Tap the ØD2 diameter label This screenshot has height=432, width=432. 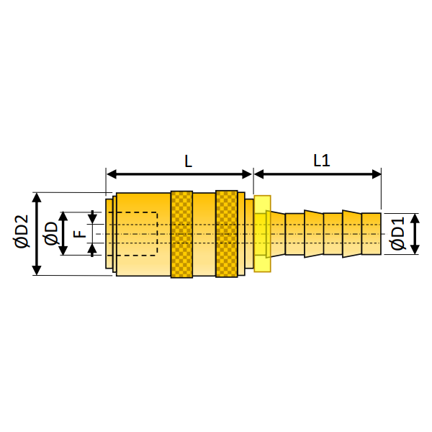[21, 233]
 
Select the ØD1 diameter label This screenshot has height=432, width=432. [397, 234]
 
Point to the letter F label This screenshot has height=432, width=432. [80, 233]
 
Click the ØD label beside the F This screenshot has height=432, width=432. [50, 233]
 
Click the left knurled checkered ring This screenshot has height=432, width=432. [181, 234]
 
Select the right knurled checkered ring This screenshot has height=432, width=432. [226, 234]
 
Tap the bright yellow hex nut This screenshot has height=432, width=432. [261, 234]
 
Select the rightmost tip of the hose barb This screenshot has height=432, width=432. [379, 234]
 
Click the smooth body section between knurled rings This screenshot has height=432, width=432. [204, 234]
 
